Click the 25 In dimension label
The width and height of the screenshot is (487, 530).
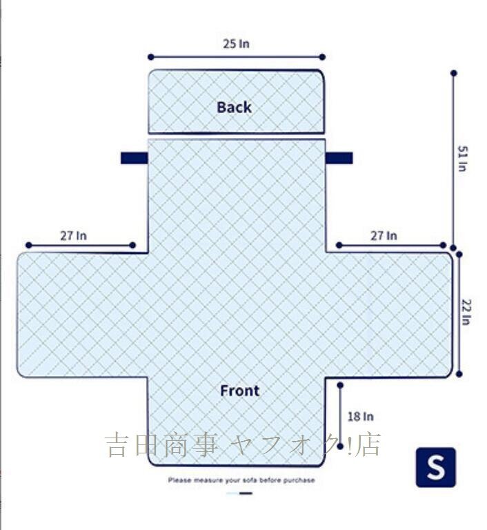(x=236, y=43)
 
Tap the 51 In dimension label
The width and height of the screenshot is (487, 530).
(x=463, y=159)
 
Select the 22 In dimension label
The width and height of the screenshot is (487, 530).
(x=466, y=312)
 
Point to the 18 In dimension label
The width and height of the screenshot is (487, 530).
(x=361, y=416)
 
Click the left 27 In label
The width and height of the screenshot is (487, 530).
(x=73, y=235)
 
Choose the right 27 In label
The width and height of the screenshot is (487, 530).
(x=384, y=235)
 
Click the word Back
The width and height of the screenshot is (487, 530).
(x=235, y=107)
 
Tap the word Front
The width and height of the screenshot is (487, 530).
(x=239, y=391)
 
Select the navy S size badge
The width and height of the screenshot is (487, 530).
(x=436, y=467)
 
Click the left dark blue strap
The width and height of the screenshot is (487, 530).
(x=135, y=158)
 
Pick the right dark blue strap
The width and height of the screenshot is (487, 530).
(x=339, y=158)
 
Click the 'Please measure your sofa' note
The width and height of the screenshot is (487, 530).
(x=241, y=480)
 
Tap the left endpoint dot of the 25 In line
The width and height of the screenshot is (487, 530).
(x=151, y=57)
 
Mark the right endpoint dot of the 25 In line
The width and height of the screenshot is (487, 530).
(x=322, y=57)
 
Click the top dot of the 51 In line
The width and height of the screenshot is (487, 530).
(x=454, y=73)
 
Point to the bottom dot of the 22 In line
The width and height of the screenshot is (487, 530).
(x=459, y=374)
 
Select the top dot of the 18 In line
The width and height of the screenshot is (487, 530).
(x=340, y=385)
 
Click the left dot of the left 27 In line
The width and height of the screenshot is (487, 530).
(x=29, y=245)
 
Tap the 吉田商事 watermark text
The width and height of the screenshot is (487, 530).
(x=161, y=445)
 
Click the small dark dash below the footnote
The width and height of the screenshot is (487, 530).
(x=246, y=493)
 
